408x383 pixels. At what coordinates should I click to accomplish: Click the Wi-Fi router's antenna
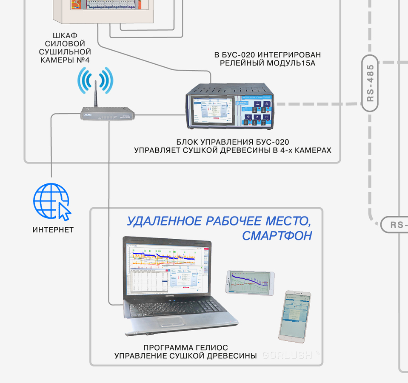click(96, 94)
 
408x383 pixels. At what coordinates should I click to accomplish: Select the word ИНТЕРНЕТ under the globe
click(53, 230)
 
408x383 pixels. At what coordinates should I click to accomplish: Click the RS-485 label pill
click(370, 83)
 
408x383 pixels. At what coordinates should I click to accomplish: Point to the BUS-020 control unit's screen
click(210, 111)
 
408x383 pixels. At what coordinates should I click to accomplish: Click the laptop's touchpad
click(179, 322)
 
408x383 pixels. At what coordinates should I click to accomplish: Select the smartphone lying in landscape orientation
click(250, 282)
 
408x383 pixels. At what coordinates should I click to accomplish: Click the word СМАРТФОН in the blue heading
click(277, 235)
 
